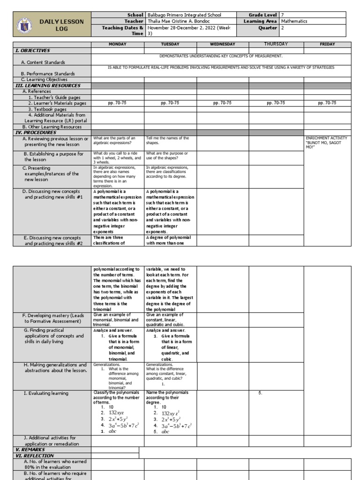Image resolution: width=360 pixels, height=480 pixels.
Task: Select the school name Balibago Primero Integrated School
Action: pyautogui.click(x=184, y=15)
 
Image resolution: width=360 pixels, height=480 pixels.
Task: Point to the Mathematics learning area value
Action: pyautogui.click(x=294, y=21)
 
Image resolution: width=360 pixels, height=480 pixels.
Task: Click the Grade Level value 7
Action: pyautogui.click(x=282, y=15)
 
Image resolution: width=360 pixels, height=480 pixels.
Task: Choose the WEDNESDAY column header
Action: pyautogui.click(x=223, y=44)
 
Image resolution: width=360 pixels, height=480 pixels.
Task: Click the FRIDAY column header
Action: pyautogui.click(x=327, y=44)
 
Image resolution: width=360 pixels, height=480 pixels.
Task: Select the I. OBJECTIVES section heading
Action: pyautogui.click(x=33, y=51)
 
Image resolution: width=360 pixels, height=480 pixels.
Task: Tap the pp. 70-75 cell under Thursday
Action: pyautogui.click(x=276, y=103)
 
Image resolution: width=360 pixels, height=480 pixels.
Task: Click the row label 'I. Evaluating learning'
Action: pyautogui.click(x=46, y=393)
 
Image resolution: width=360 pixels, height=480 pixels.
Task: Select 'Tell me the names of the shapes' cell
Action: pyautogui.click(x=167, y=141)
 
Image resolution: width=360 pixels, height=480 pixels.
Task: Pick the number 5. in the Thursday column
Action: pyautogui.click(x=260, y=393)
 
